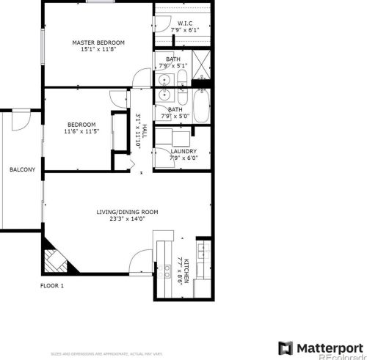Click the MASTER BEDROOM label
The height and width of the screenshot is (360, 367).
pyautogui.click(x=98, y=43)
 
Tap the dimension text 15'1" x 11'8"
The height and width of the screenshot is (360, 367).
pyautogui.click(x=98, y=50)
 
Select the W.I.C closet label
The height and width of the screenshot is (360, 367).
pyautogui.click(x=184, y=23)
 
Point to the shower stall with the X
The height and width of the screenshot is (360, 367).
pyautogui.click(x=200, y=62)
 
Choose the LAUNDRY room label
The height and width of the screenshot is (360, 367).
pyautogui.click(x=183, y=151)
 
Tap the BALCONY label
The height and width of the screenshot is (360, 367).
pyautogui.click(x=22, y=170)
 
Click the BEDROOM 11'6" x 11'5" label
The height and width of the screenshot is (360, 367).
pyautogui.click(x=81, y=128)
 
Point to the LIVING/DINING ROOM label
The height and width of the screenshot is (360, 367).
pyautogui.click(x=128, y=213)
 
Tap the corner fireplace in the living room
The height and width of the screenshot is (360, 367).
pyautogui.click(x=53, y=259)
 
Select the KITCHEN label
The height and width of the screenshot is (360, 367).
pyautogui.click(x=186, y=271)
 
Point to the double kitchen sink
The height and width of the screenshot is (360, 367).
pyautogui.click(x=163, y=246)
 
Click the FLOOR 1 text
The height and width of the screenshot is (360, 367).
pyautogui.click(x=52, y=285)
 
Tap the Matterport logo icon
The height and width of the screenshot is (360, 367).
pyautogui.click(x=286, y=347)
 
